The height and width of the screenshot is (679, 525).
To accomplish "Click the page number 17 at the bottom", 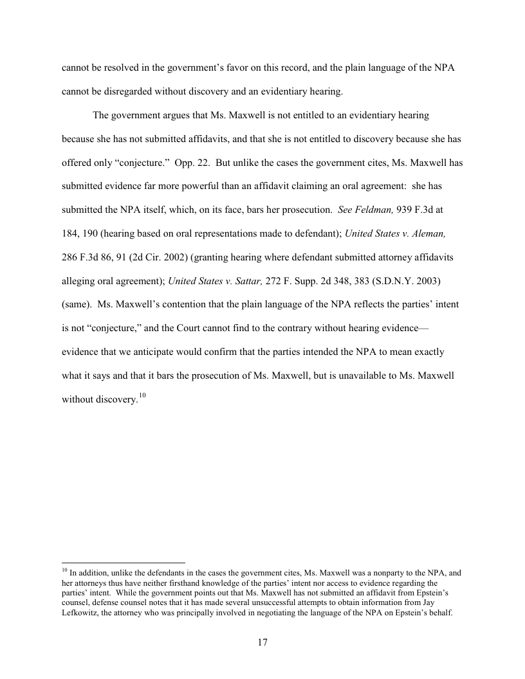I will (x=262, y=642).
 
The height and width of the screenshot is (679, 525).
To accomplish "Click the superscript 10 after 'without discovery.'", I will (x=143, y=395).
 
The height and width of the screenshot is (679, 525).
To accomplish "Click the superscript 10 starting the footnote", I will (x=64, y=570).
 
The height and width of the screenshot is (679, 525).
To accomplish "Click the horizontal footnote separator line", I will (x=123, y=561).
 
